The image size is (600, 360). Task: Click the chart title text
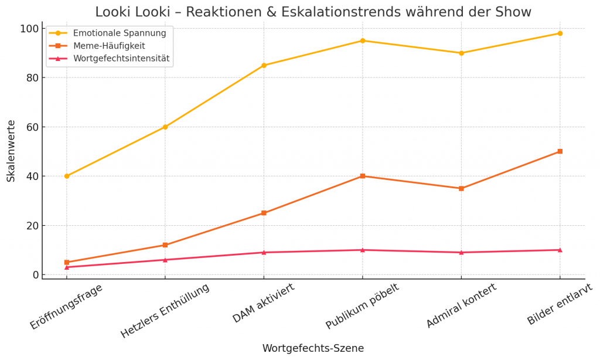pos(313,12)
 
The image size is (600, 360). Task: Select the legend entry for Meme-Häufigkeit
pos(109,46)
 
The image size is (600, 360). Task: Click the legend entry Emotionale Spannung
pos(120,33)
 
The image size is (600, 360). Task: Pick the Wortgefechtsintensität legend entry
pos(121,58)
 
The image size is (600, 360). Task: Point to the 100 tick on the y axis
pos(29,29)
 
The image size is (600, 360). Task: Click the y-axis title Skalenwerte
pos(11,151)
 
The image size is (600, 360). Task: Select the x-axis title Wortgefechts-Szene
pos(313,348)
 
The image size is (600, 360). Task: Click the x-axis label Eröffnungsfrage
pos(67,306)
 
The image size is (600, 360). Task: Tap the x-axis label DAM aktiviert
pos(264,303)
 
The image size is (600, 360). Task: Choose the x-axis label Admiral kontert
pos(461,305)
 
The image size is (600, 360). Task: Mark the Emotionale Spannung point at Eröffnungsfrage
pos(67,176)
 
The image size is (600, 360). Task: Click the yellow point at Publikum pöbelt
pos(363,40)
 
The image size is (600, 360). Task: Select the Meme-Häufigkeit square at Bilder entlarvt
pos(560,151)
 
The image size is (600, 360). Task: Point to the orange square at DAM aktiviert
pos(264,213)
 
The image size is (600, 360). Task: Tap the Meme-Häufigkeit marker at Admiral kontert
pos(461,188)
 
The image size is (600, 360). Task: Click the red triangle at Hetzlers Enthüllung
pos(165,260)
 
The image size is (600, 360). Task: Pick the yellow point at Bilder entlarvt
pos(560,33)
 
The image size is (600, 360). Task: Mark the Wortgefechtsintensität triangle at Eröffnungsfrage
pos(67,267)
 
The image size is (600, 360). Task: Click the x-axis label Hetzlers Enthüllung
pos(165,311)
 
